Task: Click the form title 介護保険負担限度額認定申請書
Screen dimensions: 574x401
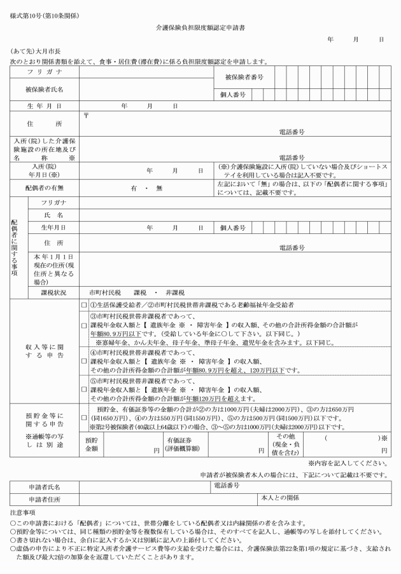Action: click(200, 28)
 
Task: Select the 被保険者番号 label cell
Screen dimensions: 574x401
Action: click(244, 77)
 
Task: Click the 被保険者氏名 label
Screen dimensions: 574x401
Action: click(44, 90)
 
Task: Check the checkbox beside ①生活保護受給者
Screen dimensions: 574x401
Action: click(84, 305)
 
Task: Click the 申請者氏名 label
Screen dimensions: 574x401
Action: click(44, 487)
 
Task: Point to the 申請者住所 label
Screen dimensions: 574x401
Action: click(44, 500)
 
